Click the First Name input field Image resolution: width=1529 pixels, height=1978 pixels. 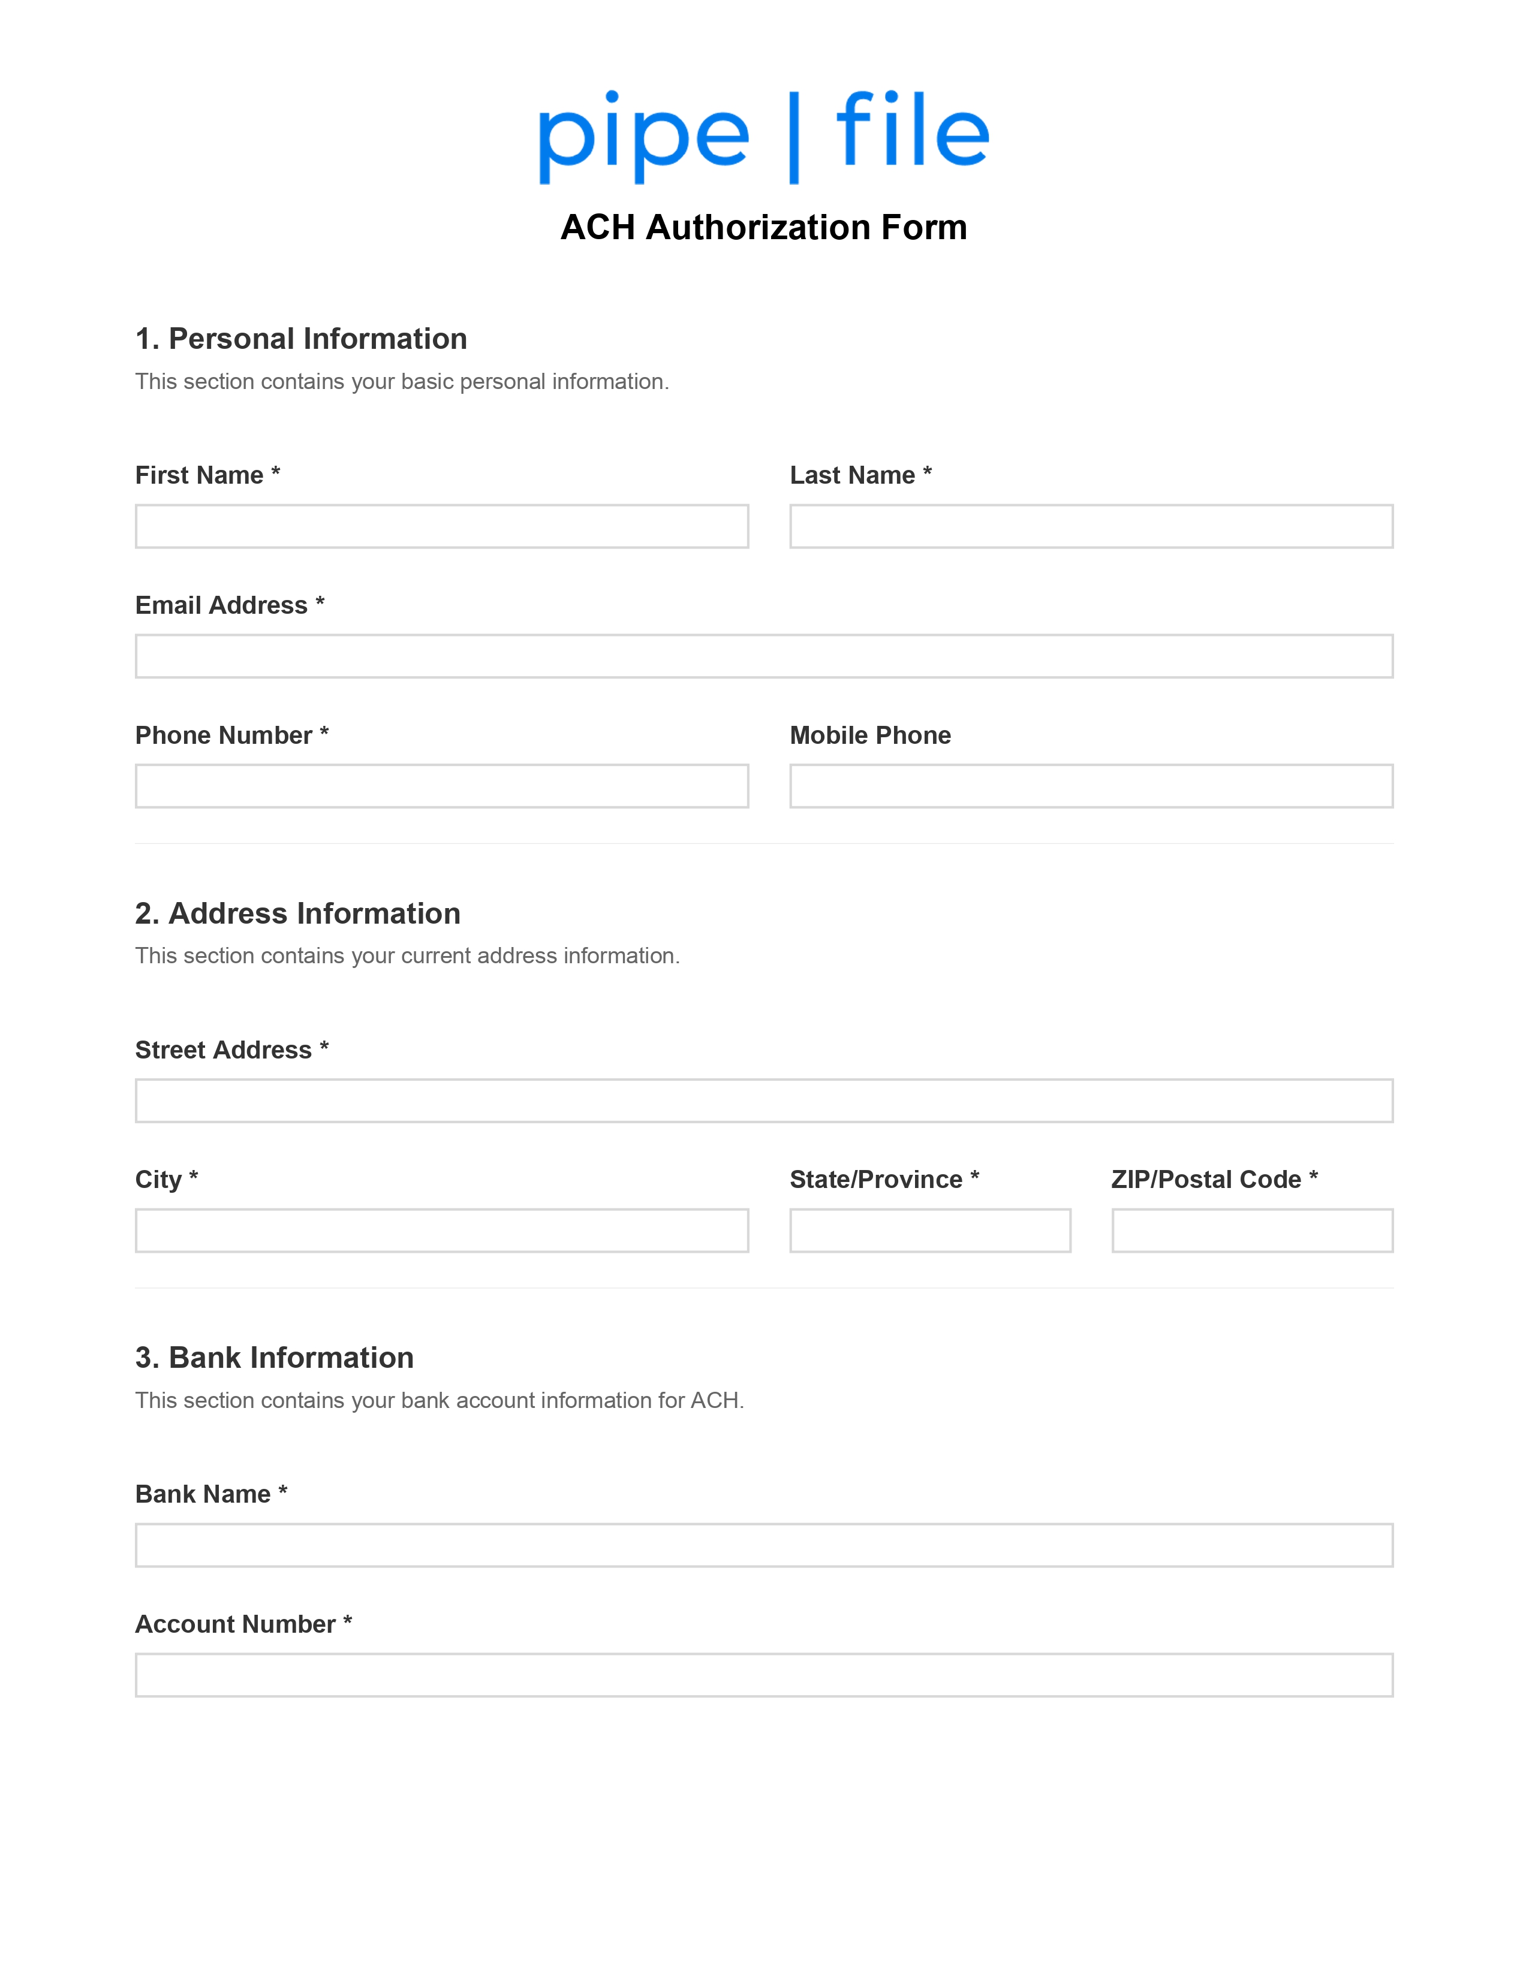(x=441, y=526)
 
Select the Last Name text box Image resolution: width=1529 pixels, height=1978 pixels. (x=1091, y=526)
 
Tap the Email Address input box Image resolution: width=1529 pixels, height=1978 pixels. (x=763, y=656)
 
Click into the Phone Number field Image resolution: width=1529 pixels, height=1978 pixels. (x=441, y=786)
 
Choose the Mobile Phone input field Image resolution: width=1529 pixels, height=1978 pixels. (x=1091, y=786)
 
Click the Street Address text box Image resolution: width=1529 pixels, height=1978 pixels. (x=763, y=1100)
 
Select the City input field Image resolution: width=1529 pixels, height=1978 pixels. (x=441, y=1230)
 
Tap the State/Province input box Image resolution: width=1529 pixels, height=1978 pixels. (x=929, y=1230)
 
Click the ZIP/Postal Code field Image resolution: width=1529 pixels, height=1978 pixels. (x=1252, y=1230)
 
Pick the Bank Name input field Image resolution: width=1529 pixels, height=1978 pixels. (x=763, y=1545)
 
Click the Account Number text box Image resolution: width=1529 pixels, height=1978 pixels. (x=763, y=1675)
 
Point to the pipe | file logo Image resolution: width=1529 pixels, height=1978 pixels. (x=763, y=136)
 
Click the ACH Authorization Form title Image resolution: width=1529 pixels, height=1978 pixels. (x=763, y=227)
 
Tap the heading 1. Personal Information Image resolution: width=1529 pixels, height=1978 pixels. (x=301, y=339)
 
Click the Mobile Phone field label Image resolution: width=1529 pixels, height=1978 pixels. (x=869, y=735)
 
